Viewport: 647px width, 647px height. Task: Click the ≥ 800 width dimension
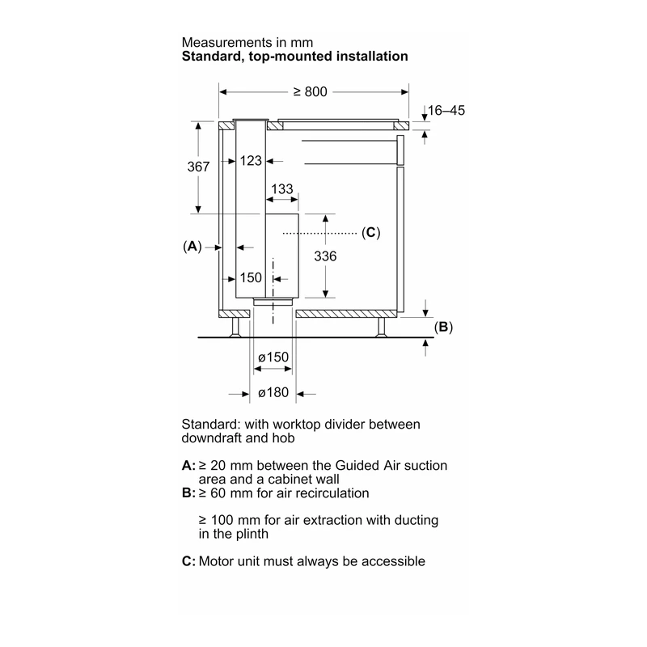click(311, 91)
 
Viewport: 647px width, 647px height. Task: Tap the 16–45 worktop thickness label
click(446, 110)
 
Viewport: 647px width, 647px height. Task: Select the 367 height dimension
click(198, 167)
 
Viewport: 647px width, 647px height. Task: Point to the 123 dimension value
click(251, 160)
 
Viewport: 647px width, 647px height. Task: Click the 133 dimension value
click(281, 189)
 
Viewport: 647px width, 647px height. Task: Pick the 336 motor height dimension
click(325, 256)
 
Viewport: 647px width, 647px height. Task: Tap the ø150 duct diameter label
click(273, 357)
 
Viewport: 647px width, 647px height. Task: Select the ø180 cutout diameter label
click(273, 392)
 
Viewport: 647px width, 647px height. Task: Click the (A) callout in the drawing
click(192, 247)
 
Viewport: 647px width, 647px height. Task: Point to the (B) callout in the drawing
click(443, 327)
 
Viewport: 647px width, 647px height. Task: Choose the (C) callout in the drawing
click(371, 233)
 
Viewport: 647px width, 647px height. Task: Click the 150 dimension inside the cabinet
click(251, 277)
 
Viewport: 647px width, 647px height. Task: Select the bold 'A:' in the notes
click(188, 466)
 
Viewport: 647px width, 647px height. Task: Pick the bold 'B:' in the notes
click(188, 493)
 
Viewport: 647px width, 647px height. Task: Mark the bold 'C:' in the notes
click(188, 561)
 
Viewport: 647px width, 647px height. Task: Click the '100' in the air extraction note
click(222, 520)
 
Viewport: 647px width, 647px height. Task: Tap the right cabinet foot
click(380, 328)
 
